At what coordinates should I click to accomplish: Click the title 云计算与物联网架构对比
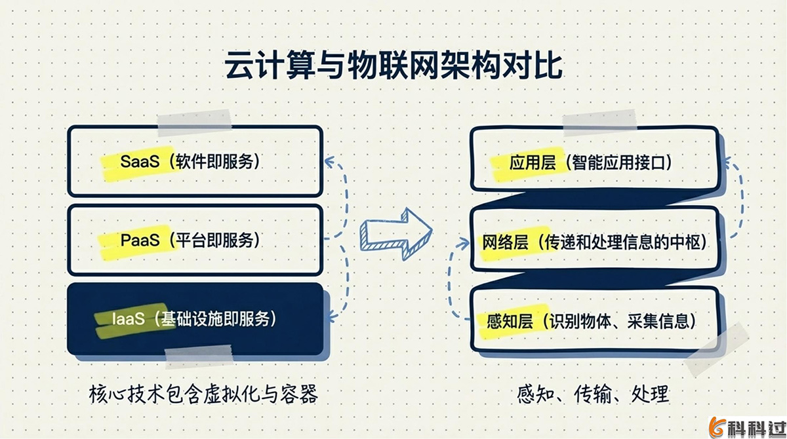[x=393, y=68]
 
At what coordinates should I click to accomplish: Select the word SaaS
[x=140, y=161]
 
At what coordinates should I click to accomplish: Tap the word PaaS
[x=140, y=240]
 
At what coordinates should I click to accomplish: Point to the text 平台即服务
[x=214, y=240]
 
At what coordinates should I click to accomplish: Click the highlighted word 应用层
[x=527, y=162]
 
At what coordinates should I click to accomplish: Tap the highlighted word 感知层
[x=508, y=321]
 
